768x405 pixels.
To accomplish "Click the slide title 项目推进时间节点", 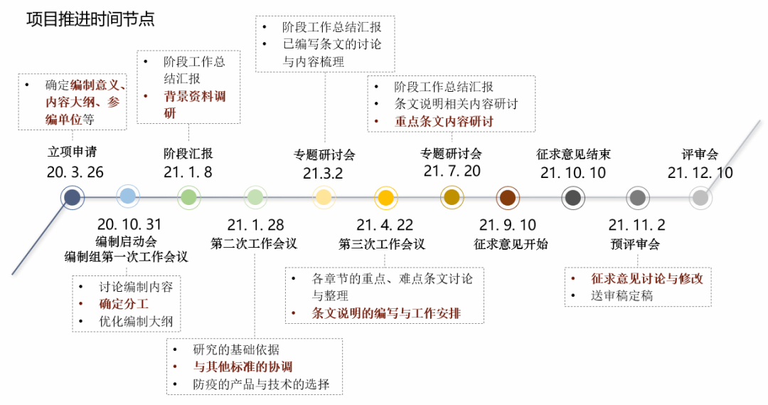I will [x=90, y=19].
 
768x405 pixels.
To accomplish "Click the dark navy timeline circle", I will [x=73, y=197].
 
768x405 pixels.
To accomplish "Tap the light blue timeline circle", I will [x=128, y=196].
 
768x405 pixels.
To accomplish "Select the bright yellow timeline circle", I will [x=385, y=197].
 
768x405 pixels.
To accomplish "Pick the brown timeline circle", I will [x=507, y=198].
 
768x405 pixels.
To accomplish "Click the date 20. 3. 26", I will [x=75, y=172].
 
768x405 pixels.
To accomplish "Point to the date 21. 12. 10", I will [x=700, y=172].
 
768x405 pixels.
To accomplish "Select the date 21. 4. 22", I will [x=385, y=225].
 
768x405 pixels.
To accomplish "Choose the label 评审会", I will [x=700, y=154].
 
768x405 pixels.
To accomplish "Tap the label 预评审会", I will [x=635, y=244].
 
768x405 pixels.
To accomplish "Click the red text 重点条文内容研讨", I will [x=444, y=121].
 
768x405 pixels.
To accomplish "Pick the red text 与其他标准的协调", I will [x=242, y=367].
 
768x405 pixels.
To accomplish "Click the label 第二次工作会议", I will [x=254, y=244].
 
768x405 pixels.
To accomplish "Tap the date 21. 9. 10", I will [x=507, y=225].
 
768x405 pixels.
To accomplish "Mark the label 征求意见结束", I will [x=573, y=154].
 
